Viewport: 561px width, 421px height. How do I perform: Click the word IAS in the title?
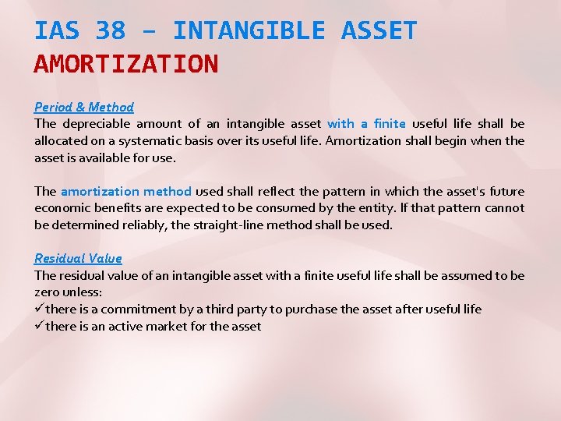pos(58,31)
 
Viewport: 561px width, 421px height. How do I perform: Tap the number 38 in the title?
pos(110,31)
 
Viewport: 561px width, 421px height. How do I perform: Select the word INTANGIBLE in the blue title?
pos(248,31)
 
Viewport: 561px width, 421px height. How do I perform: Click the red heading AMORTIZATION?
pos(126,64)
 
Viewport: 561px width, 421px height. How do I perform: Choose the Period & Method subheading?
pos(84,107)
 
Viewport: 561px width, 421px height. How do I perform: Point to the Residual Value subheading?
pos(78,258)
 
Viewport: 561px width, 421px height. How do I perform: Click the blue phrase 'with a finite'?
pos(366,123)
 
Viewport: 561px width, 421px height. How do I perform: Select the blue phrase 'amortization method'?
pos(125,191)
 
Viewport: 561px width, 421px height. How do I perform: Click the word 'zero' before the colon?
pos(48,292)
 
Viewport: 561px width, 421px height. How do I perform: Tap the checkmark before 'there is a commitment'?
pos(39,309)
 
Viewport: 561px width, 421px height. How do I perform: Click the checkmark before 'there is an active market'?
pos(39,326)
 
